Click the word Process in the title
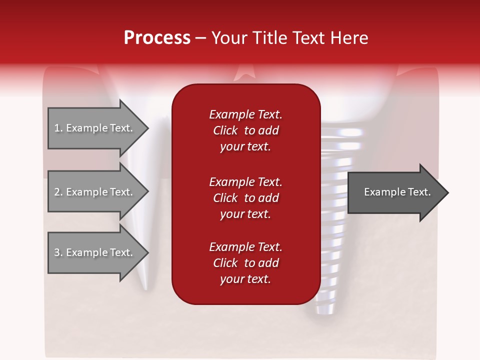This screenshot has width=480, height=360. tap(157, 38)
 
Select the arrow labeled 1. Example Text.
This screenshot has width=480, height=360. tap(95, 128)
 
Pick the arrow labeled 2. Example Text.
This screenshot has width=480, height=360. tap(95, 192)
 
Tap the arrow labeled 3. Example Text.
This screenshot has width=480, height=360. tap(95, 252)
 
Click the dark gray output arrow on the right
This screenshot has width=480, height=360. tap(395, 192)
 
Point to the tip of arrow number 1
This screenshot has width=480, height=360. tap(147, 128)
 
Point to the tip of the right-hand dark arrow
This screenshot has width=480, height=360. tap(447, 192)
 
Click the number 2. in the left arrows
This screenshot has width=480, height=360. tap(58, 192)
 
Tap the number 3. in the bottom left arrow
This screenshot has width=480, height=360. tap(58, 252)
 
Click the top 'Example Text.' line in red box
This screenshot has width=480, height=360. tap(245, 114)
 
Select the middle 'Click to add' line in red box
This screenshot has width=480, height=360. tap(245, 198)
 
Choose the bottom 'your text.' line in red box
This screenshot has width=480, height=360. tap(245, 279)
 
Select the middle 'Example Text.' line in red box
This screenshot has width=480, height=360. tap(245, 181)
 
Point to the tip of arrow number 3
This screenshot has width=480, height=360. tap(147, 252)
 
